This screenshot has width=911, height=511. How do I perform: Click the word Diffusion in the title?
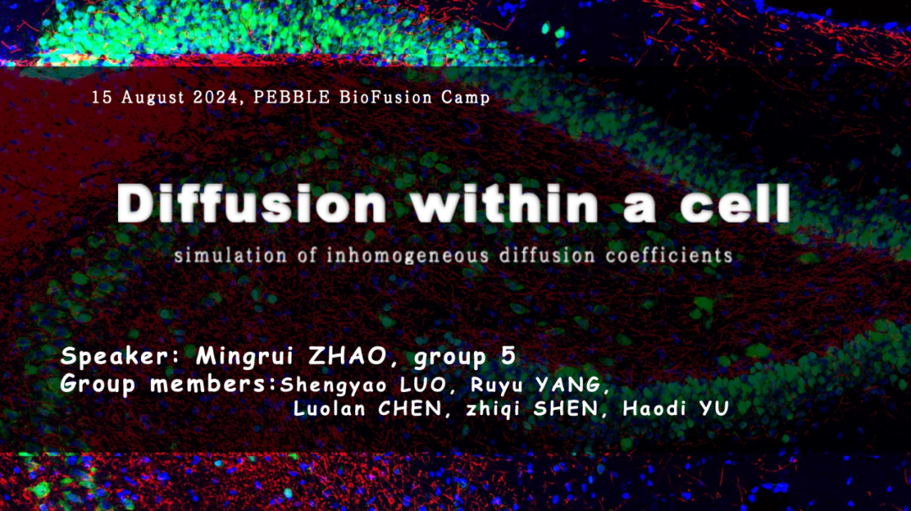(251, 204)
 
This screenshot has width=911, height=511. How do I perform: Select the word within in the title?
(505, 204)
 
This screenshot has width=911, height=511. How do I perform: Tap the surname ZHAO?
(348, 355)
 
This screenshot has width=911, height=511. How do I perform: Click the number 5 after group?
(508, 355)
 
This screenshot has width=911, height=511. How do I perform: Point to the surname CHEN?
(410, 409)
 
